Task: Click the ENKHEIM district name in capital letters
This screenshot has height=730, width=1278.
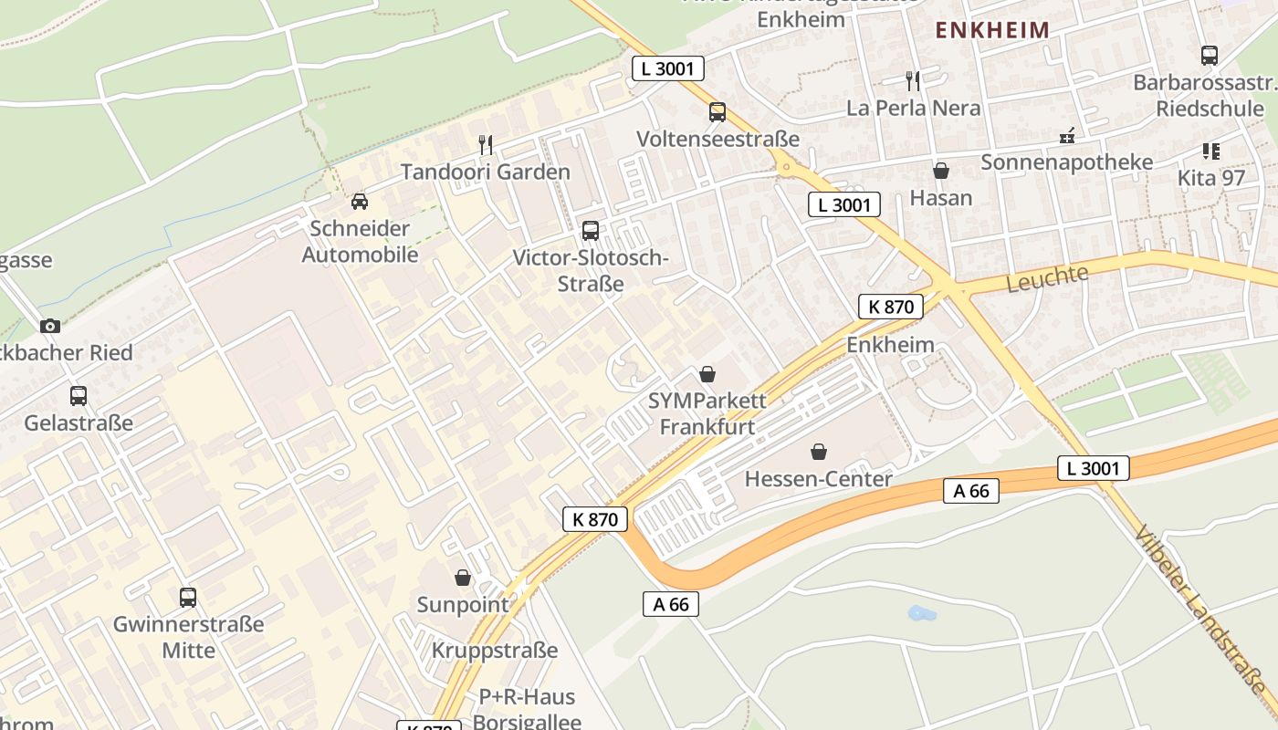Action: point(992,30)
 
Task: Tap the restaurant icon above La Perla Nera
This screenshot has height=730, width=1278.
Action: point(913,80)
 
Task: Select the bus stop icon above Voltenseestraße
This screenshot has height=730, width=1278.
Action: point(718,112)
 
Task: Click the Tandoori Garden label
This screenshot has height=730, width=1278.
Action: point(486,172)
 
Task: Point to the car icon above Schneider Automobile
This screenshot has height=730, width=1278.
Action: point(360,202)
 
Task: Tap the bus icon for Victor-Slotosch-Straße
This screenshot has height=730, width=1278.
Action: point(591,231)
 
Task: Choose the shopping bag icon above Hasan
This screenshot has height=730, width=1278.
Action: point(941,171)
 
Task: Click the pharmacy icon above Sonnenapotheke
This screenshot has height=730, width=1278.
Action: point(1066,136)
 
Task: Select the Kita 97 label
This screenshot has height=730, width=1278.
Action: point(1211,177)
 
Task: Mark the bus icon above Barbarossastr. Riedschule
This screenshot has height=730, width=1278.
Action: point(1210,56)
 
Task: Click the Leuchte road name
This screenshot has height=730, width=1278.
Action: point(1048,278)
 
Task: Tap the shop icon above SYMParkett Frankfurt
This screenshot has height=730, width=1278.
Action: point(707,374)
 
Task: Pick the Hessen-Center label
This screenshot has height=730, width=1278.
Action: point(819,479)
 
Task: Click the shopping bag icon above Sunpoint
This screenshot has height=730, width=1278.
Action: point(463,578)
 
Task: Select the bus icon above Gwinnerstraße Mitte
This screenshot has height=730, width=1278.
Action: point(188,598)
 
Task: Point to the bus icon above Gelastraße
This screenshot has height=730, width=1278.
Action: point(79,396)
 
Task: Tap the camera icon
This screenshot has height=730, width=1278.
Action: point(50,326)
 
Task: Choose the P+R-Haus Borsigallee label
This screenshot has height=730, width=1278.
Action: point(528,709)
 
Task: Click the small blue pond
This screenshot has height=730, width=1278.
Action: point(922,613)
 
